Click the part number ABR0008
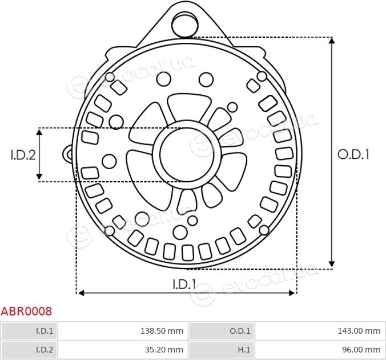[x=26, y=311]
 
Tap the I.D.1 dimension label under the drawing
[x=184, y=284]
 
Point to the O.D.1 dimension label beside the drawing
[x=353, y=155]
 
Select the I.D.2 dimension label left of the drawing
[x=23, y=155]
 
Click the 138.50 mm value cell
[x=123, y=331]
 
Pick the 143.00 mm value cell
[x=320, y=331]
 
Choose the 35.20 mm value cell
[x=123, y=349]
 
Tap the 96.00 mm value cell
[x=320, y=349]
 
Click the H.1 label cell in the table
[x=222, y=349]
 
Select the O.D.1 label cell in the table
[x=222, y=331]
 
